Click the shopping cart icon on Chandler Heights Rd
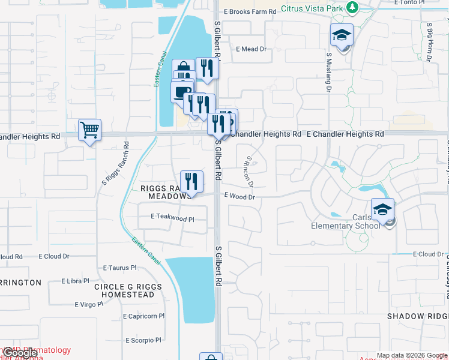tap(89, 129)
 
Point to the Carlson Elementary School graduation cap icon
tap(382, 209)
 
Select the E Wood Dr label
tap(240, 196)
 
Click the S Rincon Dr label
tap(249, 172)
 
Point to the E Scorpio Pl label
tap(143, 340)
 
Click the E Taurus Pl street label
tap(120, 268)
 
